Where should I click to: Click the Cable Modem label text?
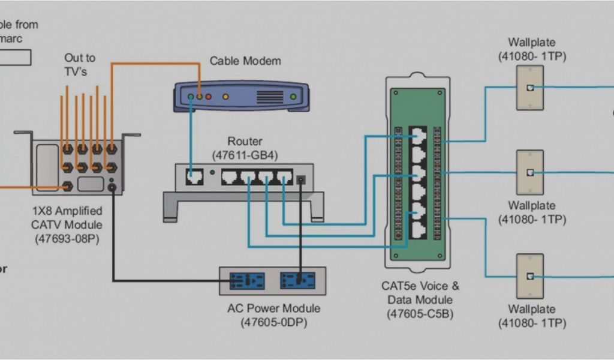pyautogui.click(x=245, y=61)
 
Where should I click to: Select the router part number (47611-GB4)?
pyautogui.click(x=245, y=155)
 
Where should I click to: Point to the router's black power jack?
pyautogui.click(x=302, y=178)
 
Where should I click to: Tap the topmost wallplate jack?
pyautogui.click(x=529, y=87)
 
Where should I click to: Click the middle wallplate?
pyautogui.click(x=529, y=172)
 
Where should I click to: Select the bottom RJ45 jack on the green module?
pyautogui.click(x=417, y=228)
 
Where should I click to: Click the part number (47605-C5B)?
pyautogui.click(x=420, y=313)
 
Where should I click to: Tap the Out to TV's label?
pyautogui.click(x=80, y=65)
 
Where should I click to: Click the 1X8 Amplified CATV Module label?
pyautogui.click(x=66, y=218)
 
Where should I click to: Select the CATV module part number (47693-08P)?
pyautogui.click(x=66, y=238)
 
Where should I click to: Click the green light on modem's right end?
pyautogui.click(x=293, y=96)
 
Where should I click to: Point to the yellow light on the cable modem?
pyautogui.click(x=225, y=96)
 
